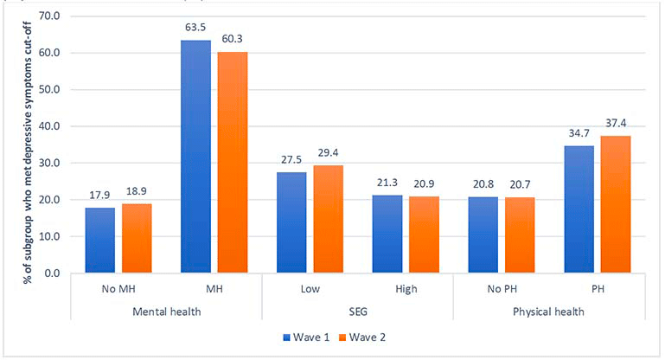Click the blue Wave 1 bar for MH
point(195,157)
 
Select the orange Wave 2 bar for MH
point(233,162)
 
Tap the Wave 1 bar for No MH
point(100,240)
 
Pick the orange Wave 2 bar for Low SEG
point(329,219)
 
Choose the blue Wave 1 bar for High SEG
point(387,234)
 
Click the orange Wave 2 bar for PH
point(616,204)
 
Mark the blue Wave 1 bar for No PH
point(483,235)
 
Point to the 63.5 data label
point(195,28)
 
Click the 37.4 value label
point(616,124)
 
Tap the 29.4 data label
point(329,153)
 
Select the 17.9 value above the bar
point(99,196)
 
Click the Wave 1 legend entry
point(306,337)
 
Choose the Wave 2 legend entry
point(362,337)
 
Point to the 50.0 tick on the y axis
point(49,90)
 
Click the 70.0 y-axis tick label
point(49,16)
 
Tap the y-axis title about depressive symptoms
point(28,152)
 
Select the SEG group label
point(358,312)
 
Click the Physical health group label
point(548,312)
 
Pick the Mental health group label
point(167,312)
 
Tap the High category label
point(406,290)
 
